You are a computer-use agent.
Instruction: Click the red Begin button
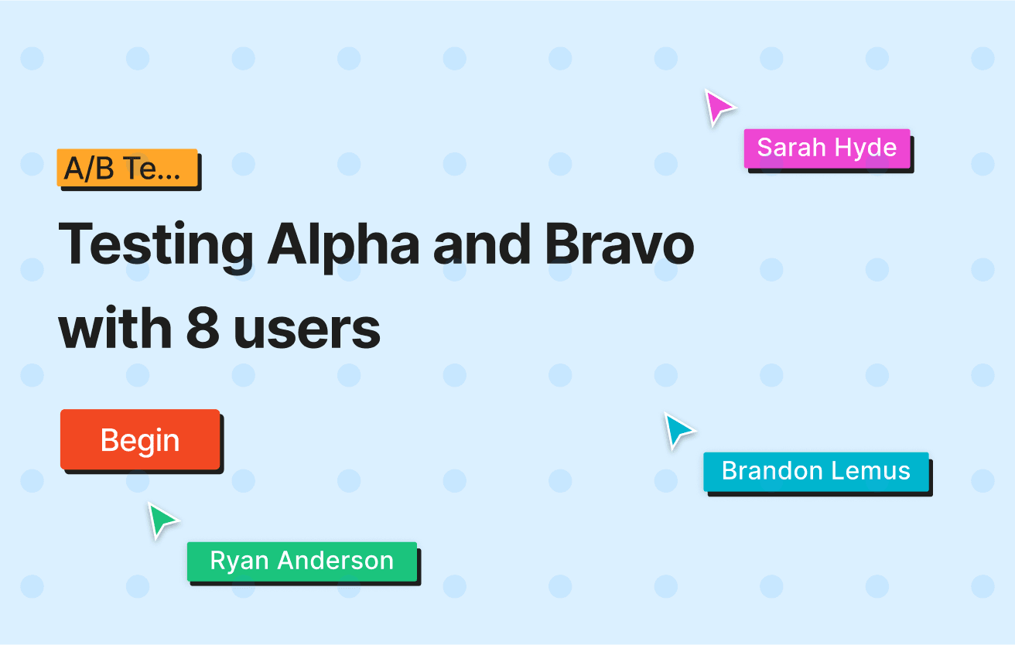[x=140, y=439]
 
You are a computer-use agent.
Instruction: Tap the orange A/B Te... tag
[x=128, y=168]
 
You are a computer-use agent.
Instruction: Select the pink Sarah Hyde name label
[x=827, y=148]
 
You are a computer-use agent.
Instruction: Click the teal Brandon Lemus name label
[x=816, y=472]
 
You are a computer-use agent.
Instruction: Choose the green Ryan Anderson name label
[x=302, y=561]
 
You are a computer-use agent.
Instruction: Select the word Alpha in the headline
[x=343, y=247]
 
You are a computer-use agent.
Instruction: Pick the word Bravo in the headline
[x=620, y=244]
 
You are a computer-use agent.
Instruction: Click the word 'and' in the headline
[x=482, y=244]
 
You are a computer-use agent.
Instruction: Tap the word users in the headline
[x=307, y=332]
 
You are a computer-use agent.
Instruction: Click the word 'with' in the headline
[x=115, y=327]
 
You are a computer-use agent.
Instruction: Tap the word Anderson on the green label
[x=335, y=561]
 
